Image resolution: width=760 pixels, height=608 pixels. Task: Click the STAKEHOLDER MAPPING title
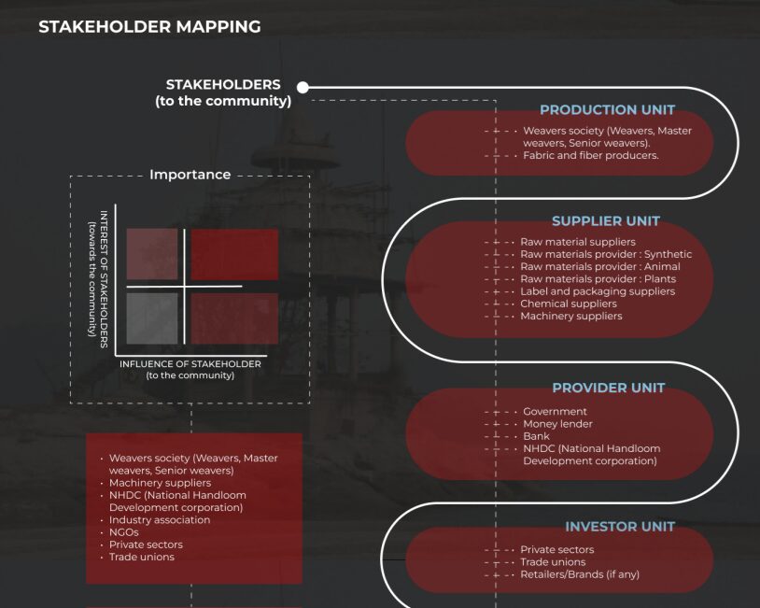tap(149, 27)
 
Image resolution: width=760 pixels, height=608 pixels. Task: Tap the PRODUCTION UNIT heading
tap(607, 110)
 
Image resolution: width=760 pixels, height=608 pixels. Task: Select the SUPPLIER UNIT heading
tap(605, 221)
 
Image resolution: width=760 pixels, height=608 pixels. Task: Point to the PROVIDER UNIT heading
tap(608, 388)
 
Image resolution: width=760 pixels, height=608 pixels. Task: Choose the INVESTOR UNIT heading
tap(619, 527)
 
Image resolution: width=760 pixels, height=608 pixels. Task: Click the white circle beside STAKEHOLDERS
tap(303, 88)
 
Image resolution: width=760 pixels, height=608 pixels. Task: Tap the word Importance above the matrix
tap(190, 175)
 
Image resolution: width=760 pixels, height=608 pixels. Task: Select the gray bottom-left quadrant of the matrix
tap(151, 318)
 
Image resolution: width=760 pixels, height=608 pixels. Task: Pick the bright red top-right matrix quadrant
tap(234, 254)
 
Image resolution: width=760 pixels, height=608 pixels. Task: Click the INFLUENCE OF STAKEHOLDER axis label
tap(190, 364)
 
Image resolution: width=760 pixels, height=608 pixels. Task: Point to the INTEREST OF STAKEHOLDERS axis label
tap(105, 279)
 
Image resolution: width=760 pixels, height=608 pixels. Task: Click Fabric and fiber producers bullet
tap(590, 156)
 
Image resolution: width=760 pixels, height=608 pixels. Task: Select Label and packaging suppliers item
tap(598, 291)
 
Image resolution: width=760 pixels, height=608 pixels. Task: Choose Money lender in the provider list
tap(557, 424)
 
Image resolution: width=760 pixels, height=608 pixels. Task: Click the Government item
tap(555, 412)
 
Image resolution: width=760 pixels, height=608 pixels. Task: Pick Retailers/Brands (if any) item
tap(579, 574)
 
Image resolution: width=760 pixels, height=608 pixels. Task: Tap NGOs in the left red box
tap(123, 532)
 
